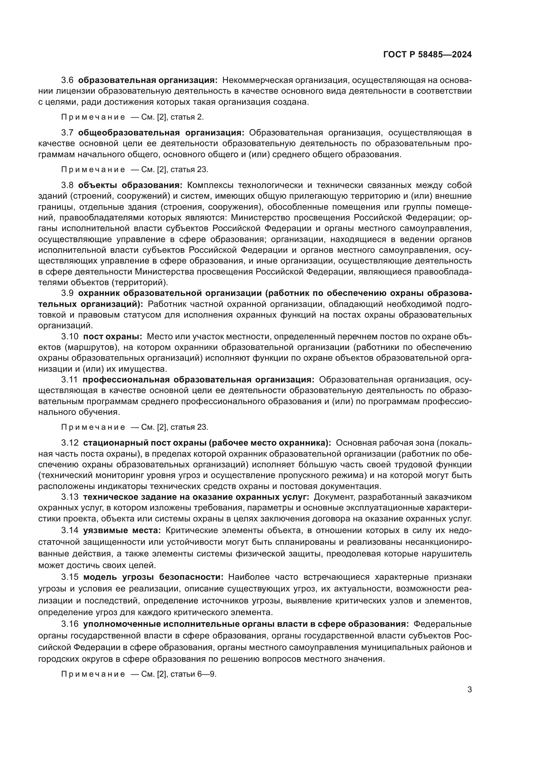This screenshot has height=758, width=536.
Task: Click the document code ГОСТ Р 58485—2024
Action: coord(427,54)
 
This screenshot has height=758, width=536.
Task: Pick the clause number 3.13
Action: coord(70,497)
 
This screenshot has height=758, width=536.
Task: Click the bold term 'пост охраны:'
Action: coord(112,336)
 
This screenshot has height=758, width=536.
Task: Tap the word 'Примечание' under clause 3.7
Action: coord(93,170)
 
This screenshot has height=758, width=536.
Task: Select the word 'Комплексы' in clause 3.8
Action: coord(210,185)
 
